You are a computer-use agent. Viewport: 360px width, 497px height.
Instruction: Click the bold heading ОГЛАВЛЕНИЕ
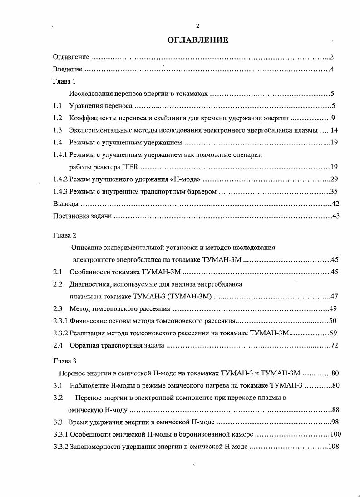tap(197, 40)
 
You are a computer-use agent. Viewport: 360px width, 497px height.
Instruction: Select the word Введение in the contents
tap(68, 70)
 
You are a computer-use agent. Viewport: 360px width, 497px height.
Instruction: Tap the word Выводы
tap(66, 204)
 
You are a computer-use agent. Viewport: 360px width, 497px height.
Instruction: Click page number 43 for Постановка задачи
tap(335, 216)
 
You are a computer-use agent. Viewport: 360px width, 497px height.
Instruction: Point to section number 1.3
tap(58, 130)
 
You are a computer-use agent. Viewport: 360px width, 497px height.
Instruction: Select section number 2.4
tap(58, 346)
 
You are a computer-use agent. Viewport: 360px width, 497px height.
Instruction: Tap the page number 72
tap(335, 346)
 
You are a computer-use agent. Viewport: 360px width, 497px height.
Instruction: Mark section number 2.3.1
tap(60, 321)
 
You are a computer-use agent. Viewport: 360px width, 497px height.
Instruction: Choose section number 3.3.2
tap(60, 447)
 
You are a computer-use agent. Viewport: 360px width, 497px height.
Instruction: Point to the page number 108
tap(334, 447)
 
